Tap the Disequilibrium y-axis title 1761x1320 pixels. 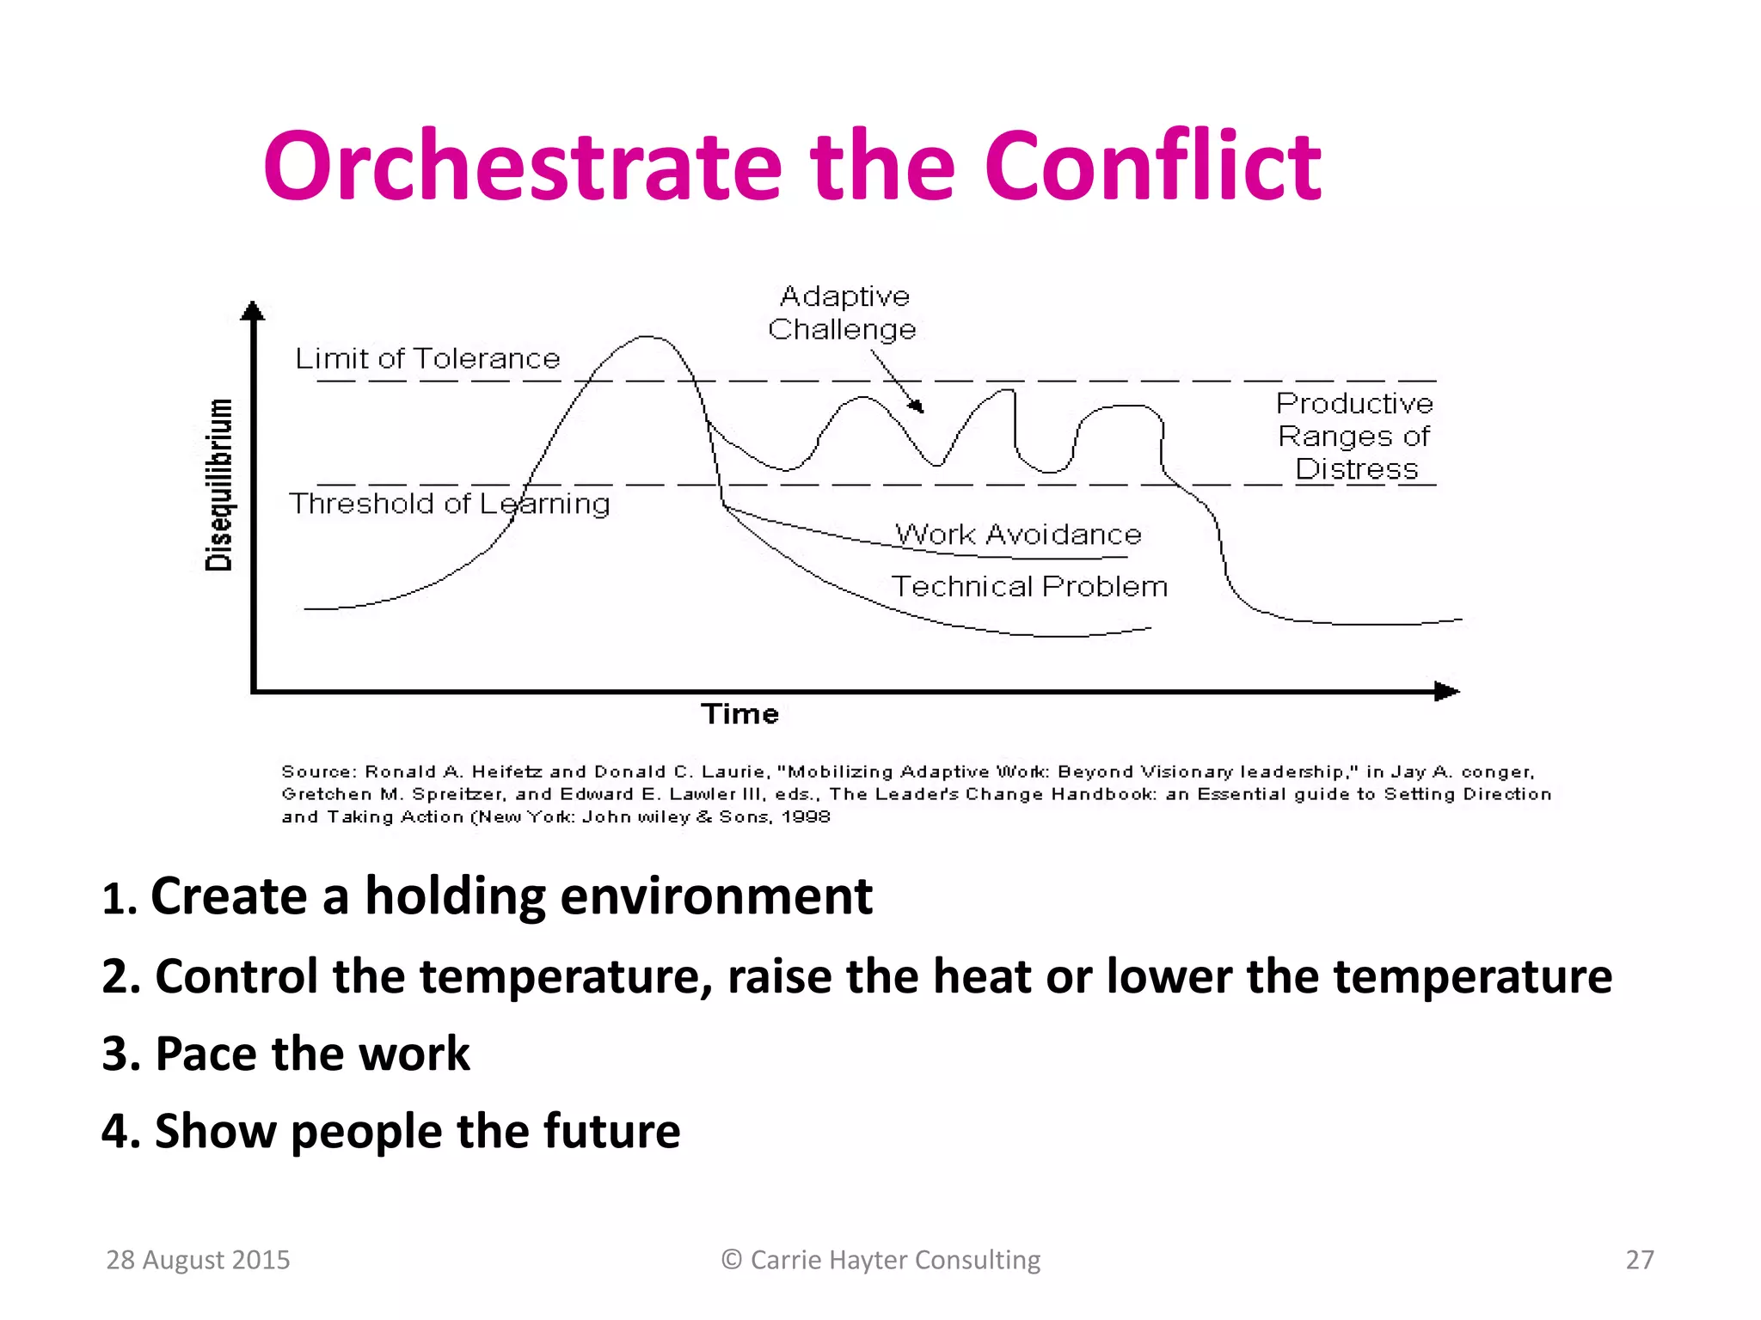(x=219, y=486)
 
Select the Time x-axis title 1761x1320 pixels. (x=739, y=714)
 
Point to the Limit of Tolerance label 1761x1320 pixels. (x=427, y=358)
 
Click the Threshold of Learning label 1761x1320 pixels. (x=449, y=504)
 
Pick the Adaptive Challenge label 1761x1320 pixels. (x=843, y=313)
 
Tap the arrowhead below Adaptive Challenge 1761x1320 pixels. (x=917, y=406)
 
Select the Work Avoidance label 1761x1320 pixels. (x=1018, y=535)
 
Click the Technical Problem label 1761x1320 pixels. (x=1029, y=586)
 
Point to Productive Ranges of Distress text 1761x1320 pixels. (x=1354, y=437)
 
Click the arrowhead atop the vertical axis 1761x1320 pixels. (x=252, y=310)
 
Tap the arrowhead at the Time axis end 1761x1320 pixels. (x=1448, y=692)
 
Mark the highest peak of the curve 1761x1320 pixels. (x=647, y=337)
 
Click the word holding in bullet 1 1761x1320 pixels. (x=455, y=896)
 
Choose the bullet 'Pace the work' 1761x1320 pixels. (x=286, y=1054)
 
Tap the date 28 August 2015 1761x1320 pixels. (x=198, y=1260)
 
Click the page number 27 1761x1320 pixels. (x=1639, y=1260)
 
